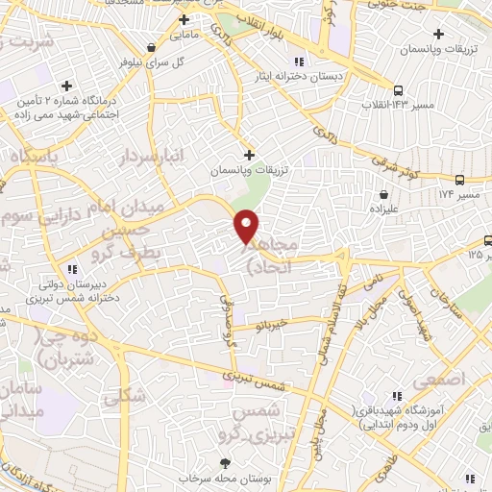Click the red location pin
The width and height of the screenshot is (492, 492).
tap(247, 226)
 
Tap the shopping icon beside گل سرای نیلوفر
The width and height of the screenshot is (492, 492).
tap(150, 47)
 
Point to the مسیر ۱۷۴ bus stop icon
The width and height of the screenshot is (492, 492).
tap(459, 180)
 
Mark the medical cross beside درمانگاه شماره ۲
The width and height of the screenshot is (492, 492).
tap(65, 86)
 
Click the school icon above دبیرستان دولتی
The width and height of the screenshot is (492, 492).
tap(72, 269)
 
